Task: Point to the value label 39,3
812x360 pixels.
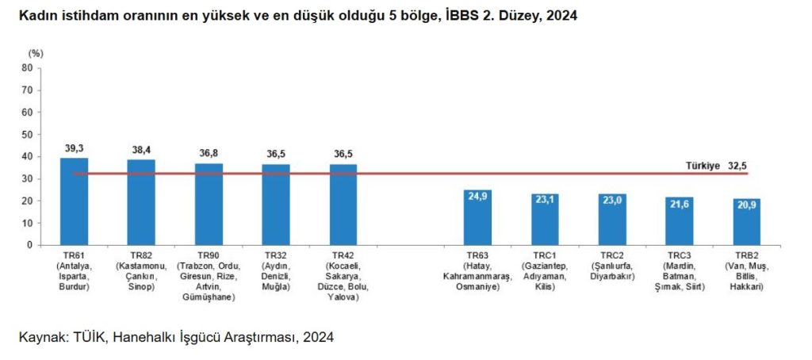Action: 74,148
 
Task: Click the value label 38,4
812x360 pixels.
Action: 141,150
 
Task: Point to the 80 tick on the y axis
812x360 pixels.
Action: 27,68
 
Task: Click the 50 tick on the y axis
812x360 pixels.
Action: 27,135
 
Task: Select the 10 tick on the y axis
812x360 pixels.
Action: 27,223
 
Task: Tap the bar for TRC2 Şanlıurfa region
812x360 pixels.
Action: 612,220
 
